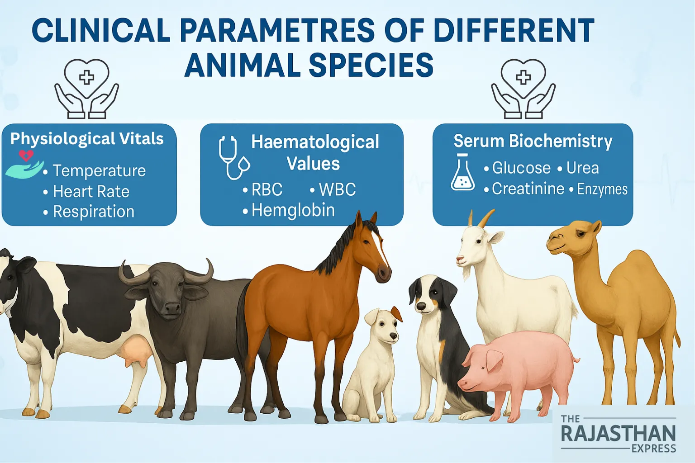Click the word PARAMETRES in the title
277,31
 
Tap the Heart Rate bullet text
91,192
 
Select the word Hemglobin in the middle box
293,210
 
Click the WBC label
337,189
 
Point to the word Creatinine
528,189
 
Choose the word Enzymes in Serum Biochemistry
602,189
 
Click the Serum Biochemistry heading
533,141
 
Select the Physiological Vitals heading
87,138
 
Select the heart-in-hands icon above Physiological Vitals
86,89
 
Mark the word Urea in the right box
582,168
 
